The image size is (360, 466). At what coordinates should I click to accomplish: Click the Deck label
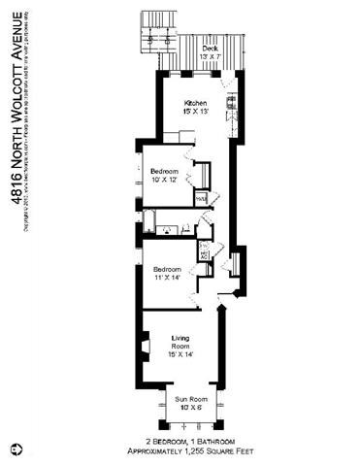tap(210, 48)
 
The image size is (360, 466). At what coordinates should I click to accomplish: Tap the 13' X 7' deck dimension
tap(210, 56)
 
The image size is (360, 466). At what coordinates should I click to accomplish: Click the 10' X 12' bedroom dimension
tap(165, 180)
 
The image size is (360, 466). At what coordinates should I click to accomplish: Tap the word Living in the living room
tap(180, 338)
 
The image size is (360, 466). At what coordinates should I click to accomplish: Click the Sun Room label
tap(190, 399)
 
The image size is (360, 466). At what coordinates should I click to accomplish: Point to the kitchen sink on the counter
tap(230, 101)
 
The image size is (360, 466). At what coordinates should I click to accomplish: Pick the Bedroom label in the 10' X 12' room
tap(165, 171)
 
